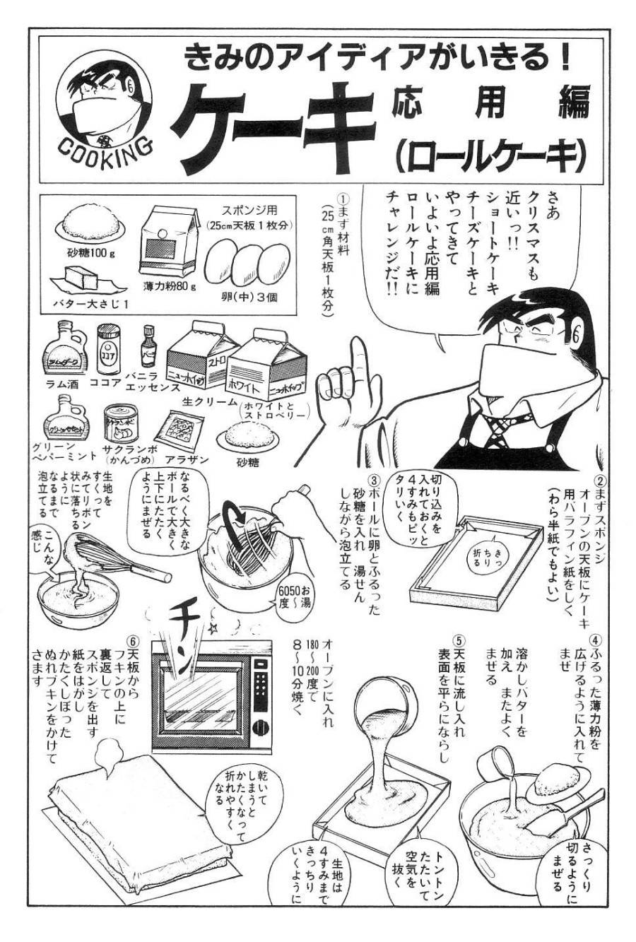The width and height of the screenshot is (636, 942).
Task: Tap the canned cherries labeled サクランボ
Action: click(x=121, y=424)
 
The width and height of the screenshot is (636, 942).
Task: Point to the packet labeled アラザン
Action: click(x=182, y=431)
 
